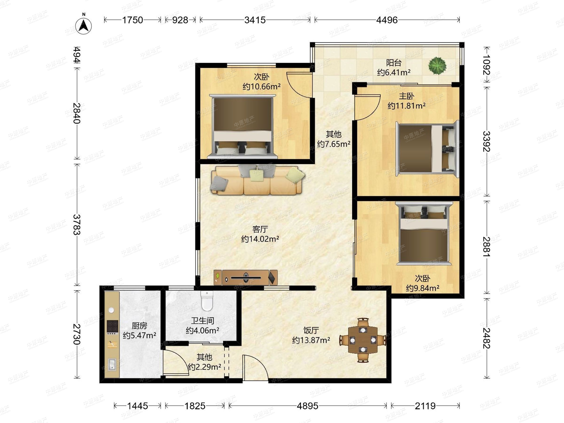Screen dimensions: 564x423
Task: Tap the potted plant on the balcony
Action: point(437,66)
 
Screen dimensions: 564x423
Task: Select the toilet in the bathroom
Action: point(207,301)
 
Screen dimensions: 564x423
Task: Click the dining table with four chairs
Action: point(363,340)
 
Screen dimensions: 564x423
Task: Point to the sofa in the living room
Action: point(257,180)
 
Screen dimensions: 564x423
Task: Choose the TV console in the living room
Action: point(246,277)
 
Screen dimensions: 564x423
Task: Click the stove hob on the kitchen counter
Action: point(112,327)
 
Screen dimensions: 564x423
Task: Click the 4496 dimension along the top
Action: point(387,20)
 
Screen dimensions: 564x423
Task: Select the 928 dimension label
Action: point(180,20)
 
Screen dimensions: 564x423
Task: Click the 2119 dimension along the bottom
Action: point(425,406)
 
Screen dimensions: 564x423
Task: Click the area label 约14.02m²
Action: point(260,239)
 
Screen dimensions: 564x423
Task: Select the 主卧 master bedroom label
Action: point(406,96)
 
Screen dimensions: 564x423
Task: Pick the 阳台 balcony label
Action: point(394,63)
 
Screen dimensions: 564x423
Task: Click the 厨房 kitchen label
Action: point(139,326)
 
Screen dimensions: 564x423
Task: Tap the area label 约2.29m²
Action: point(204,367)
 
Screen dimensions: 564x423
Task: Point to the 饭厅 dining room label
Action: point(311,330)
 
